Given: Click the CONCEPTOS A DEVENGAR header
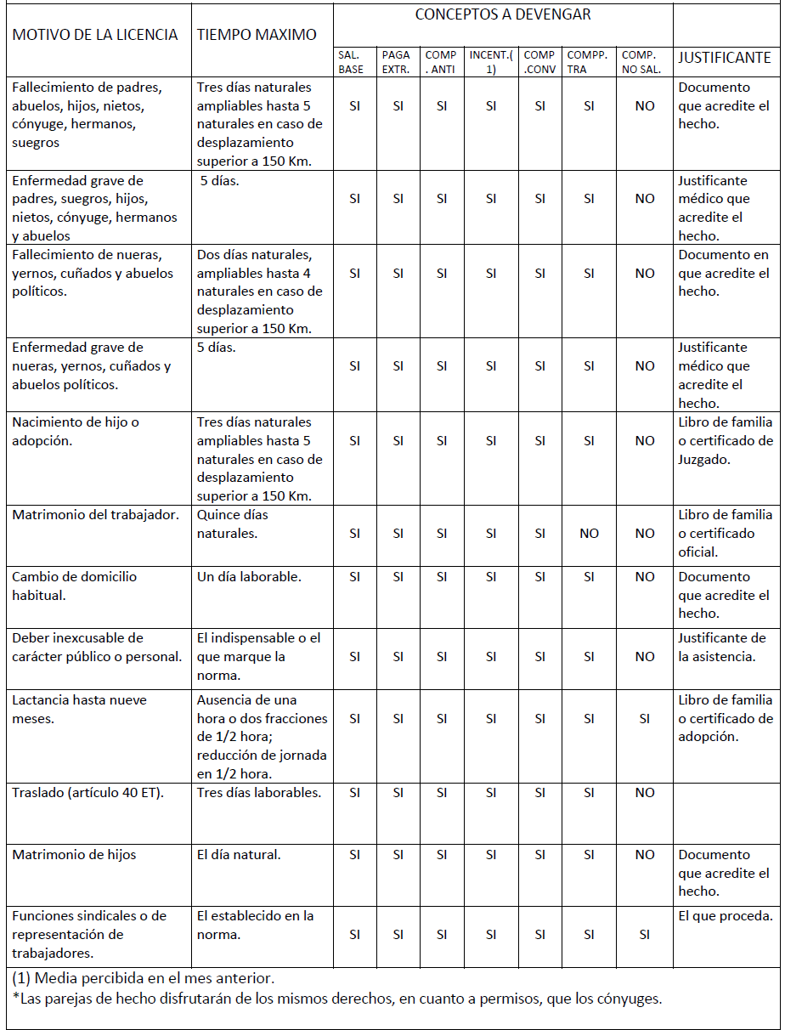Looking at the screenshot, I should coord(503,14).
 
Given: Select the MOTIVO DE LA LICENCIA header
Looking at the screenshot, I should coord(95,35).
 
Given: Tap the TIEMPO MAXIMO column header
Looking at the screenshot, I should coord(257,35).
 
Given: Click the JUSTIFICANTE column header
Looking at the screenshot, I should coord(725,58).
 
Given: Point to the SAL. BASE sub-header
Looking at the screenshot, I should coord(351,62).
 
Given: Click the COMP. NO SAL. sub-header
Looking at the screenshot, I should coord(641,62).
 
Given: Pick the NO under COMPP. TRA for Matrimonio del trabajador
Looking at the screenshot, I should coord(589,534).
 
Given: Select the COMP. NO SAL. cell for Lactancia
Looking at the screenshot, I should coord(645,719).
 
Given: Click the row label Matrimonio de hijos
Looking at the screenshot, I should coord(74,855).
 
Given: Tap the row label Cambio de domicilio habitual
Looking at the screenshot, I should coord(74,586).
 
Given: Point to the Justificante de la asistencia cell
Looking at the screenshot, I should coord(722,647).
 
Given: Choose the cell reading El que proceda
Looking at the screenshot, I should coord(726,916).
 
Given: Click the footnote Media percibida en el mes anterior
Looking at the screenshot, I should coord(144,978).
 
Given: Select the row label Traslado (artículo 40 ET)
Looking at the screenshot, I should coord(88,793).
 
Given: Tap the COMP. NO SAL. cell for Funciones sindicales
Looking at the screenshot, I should coord(645,934).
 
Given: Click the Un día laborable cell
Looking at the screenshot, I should coord(249,577).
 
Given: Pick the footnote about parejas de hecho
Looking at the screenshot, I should coord(336,999).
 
